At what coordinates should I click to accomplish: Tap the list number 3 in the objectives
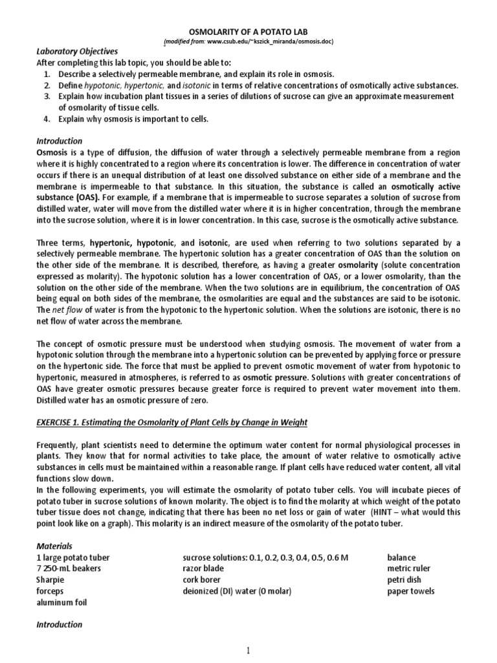point(47,96)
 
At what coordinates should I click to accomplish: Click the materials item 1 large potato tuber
point(73,557)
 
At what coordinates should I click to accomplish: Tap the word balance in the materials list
point(401,557)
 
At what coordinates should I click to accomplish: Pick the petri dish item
point(404,580)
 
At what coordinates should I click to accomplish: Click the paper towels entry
point(411,591)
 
